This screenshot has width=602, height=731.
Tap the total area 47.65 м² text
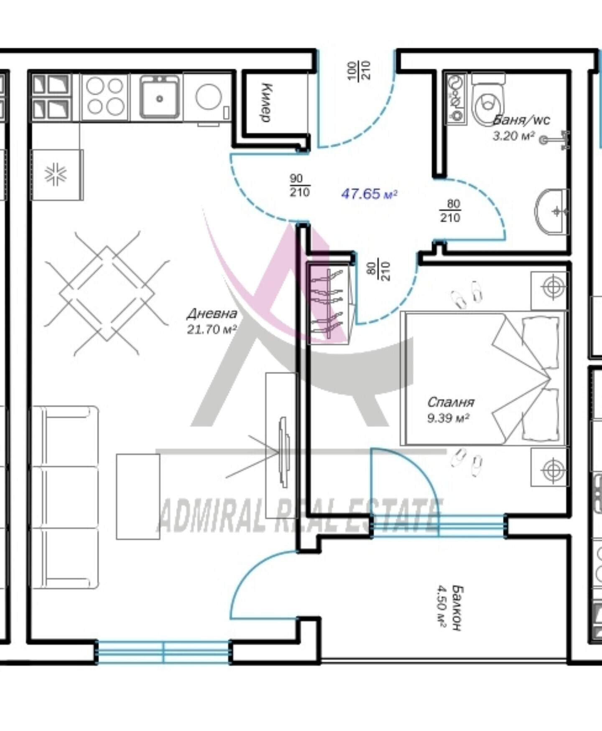click(x=369, y=194)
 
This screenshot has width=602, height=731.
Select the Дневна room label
click(x=212, y=313)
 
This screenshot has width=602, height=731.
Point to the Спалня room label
click(x=450, y=402)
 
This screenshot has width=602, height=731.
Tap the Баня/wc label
click(x=521, y=120)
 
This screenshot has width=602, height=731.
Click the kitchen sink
click(x=159, y=97)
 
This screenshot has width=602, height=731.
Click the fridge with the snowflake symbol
click(x=56, y=175)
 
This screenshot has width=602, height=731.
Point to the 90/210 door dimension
click(x=300, y=186)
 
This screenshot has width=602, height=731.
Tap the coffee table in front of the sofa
click(x=138, y=497)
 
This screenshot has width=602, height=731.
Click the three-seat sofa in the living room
click(x=65, y=497)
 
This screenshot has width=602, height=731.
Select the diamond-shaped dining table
click(x=107, y=293)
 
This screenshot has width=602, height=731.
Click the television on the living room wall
click(x=284, y=452)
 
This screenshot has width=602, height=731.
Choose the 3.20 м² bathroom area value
click(x=514, y=136)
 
